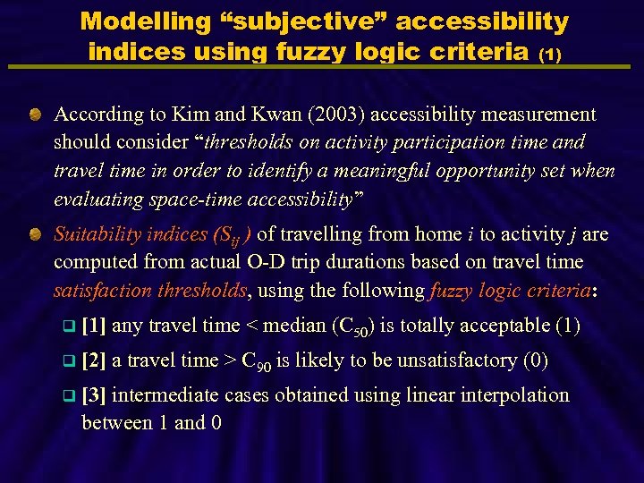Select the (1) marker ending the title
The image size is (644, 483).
(x=549, y=55)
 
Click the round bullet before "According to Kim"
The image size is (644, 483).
(x=33, y=114)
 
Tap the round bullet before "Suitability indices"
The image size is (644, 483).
(x=33, y=234)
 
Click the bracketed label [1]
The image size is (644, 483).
(x=94, y=326)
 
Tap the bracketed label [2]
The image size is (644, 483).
(x=94, y=360)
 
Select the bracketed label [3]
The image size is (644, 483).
(x=94, y=395)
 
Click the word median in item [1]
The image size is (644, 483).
(x=298, y=326)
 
